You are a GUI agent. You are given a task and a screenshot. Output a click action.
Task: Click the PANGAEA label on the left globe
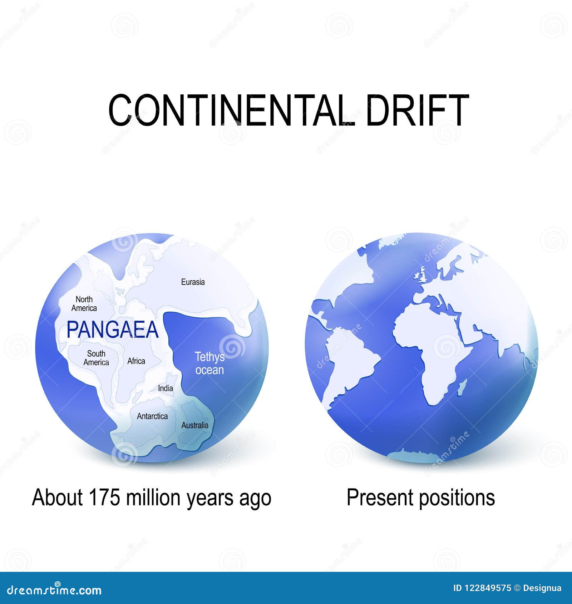113,330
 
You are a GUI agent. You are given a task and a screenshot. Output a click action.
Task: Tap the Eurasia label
193,282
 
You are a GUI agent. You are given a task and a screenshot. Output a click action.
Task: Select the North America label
84,304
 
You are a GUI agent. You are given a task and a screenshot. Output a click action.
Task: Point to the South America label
96,358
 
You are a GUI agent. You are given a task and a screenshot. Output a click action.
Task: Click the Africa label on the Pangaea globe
136,361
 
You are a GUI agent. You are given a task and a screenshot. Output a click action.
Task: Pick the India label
166,388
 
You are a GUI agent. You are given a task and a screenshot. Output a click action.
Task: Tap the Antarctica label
152,416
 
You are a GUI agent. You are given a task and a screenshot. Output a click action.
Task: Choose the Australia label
195,425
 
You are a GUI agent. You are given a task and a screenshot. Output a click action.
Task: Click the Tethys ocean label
210,363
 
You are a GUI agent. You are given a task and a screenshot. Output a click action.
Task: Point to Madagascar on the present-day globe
462,387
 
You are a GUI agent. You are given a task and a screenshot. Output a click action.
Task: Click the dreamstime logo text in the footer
54,589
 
